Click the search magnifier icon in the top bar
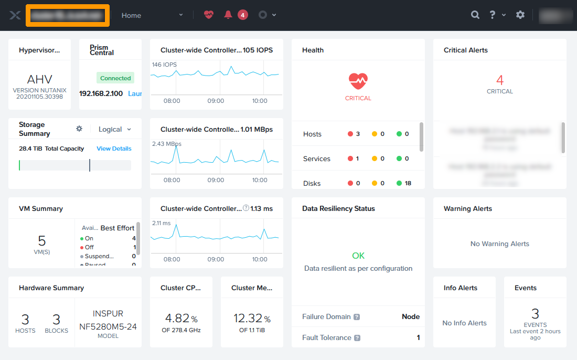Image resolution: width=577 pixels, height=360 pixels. tap(475, 15)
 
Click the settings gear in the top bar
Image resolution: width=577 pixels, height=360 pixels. tap(520, 15)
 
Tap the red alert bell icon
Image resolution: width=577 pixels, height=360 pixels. tap(228, 15)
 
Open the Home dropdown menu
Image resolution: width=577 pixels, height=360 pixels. tap(152, 15)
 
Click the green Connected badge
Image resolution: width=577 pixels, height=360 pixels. tap(115, 78)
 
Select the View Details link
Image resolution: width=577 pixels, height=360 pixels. tap(114, 149)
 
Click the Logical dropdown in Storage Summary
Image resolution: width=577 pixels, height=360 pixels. tap(114, 129)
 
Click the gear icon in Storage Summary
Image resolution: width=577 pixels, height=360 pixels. tap(79, 129)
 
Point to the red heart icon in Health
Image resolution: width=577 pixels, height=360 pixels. tap(358, 81)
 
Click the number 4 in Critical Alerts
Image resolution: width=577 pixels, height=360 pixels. tap(500, 80)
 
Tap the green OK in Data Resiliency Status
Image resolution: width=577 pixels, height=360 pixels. tap(358, 256)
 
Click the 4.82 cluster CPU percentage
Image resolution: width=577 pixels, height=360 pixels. tap(177, 319)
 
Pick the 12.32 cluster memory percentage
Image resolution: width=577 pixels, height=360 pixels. tap(248, 319)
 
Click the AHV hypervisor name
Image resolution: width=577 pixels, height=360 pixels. tap(40, 80)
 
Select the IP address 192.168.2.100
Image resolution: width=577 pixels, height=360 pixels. tap(101, 93)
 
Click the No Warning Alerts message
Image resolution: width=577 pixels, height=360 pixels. tap(500, 243)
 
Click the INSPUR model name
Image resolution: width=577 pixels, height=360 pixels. tap(108, 314)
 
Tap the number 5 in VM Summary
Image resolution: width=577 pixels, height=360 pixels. tap(42, 241)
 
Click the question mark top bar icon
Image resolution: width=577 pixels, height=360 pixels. tap(493, 15)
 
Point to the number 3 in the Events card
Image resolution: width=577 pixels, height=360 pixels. tap(535, 314)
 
